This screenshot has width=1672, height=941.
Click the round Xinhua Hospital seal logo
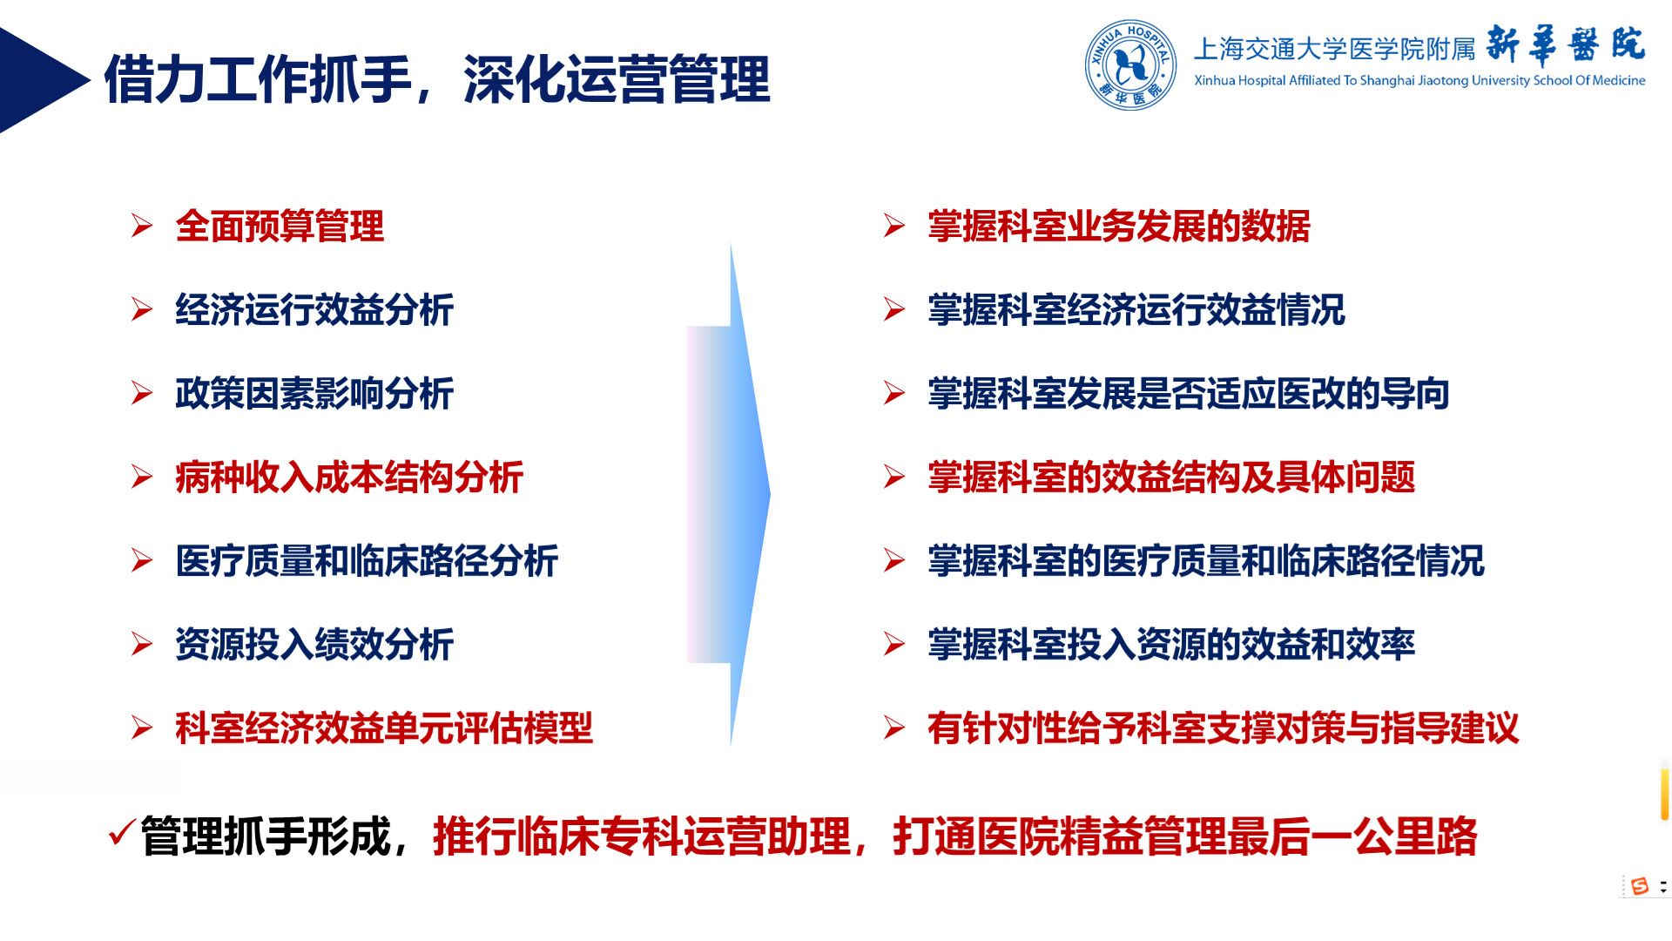1130,65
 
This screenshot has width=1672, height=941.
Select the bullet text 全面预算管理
280,227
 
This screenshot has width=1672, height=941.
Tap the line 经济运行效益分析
314,310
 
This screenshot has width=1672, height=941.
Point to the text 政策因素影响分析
314,394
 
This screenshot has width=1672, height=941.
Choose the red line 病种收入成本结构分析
349,477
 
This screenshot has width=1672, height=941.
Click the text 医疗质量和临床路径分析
367,561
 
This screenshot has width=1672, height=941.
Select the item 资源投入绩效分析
314,645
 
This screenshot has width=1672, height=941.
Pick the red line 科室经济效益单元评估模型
384,728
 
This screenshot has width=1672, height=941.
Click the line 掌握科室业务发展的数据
1119,227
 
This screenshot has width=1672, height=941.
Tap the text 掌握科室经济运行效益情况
1136,310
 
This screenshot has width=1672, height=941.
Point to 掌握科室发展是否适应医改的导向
1189,394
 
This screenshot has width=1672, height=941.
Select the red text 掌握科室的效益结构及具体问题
1171,477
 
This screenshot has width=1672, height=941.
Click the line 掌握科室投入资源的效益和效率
1171,645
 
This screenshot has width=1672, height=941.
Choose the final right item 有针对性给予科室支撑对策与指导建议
1224,728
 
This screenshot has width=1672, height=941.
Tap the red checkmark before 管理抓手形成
122,834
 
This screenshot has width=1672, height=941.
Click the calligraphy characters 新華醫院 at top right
1566,44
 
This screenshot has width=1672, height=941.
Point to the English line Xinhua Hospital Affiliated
1419,81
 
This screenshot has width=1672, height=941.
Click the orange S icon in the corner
1640,886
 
